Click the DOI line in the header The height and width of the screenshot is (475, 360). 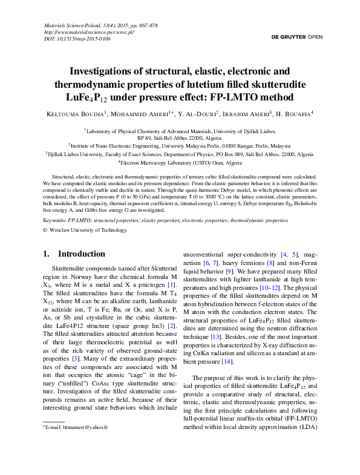click(77, 39)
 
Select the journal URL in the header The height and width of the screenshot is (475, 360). click(90, 32)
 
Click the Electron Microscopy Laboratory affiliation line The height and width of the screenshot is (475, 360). click(180, 163)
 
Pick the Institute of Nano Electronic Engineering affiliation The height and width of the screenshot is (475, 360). click(180, 146)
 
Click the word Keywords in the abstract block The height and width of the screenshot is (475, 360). click(55, 221)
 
